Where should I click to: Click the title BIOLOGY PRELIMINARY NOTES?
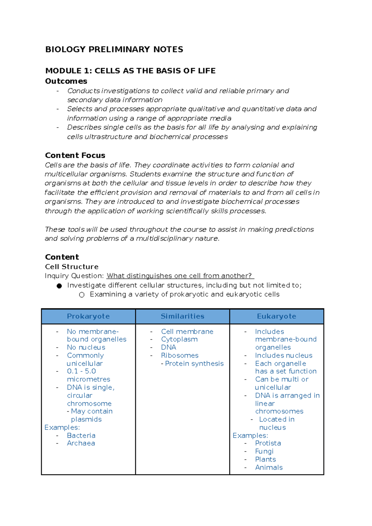pyautogui.click(x=114, y=50)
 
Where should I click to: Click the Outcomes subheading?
pyautogui.click(x=66, y=81)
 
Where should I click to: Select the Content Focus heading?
pyautogui.click(x=75, y=155)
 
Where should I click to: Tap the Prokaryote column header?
pyautogui.click(x=88, y=316)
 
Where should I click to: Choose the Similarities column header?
pyautogui.click(x=182, y=316)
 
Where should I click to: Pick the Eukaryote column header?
pyautogui.click(x=277, y=316)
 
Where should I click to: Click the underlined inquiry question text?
pyautogui.click(x=180, y=276)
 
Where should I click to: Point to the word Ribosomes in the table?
pyautogui.click(x=179, y=355)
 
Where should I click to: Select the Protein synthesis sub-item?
pyautogui.click(x=194, y=363)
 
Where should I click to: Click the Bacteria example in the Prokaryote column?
pyautogui.click(x=81, y=435)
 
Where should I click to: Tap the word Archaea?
pyautogui.click(x=81, y=443)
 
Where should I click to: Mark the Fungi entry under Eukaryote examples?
pyautogui.click(x=264, y=451)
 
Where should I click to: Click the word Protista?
pyautogui.click(x=268, y=443)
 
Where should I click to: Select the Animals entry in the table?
pyautogui.click(x=269, y=467)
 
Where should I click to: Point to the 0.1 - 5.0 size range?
pyautogui.click(x=81, y=371)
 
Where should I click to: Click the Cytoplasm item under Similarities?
pyautogui.click(x=179, y=339)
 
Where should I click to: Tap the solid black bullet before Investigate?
pyautogui.click(x=59, y=286)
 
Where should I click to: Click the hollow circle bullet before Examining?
pyautogui.click(x=82, y=295)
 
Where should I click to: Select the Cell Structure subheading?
pyautogui.click(x=72, y=267)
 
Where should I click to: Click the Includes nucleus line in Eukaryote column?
pyautogui.click(x=283, y=355)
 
